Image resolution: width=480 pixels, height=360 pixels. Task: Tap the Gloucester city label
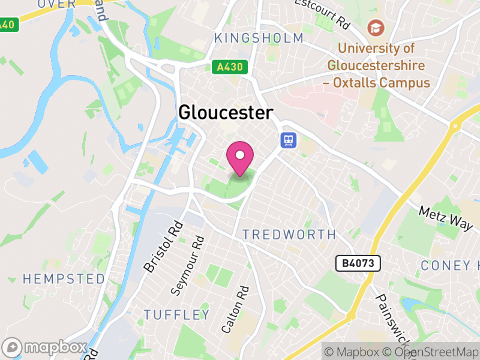point(226,113)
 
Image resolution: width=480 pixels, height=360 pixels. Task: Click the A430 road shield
point(229,67)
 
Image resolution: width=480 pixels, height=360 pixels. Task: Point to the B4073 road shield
point(358,263)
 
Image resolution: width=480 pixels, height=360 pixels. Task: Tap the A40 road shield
point(7,25)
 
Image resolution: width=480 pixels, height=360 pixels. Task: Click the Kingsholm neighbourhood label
point(259,38)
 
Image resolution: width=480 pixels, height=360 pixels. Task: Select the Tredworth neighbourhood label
point(289,235)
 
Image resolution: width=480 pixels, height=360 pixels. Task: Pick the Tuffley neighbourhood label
point(177,314)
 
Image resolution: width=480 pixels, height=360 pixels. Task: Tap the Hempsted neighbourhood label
point(64,278)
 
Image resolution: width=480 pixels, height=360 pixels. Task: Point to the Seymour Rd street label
point(187,265)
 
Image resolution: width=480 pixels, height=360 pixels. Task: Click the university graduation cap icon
point(376,28)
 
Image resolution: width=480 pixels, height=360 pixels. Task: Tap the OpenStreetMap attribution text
point(431,352)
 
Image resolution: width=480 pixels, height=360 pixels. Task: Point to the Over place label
point(57,4)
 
